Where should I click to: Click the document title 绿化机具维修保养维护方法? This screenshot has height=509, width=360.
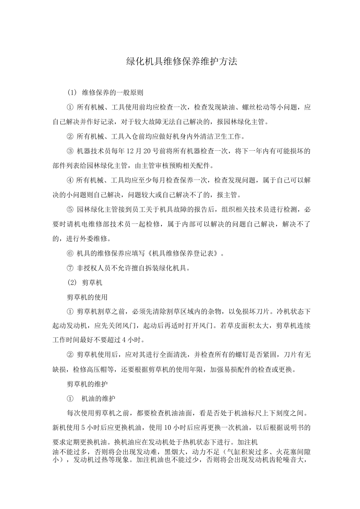(x=181, y=62)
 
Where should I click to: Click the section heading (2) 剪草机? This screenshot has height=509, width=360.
(x=85, y=283)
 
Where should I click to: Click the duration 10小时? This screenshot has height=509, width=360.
(x=175, y=428)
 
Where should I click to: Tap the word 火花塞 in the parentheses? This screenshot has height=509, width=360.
(x=286, y=452)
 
